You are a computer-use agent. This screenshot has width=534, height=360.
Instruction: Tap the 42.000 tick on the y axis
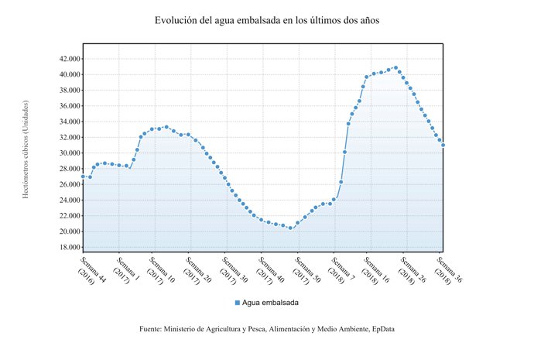[66, 59]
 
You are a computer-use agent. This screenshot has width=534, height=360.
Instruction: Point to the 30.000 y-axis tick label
[66, 153]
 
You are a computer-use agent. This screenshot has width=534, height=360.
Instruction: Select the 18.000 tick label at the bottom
[66, 248]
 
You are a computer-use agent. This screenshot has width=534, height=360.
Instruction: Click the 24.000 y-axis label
[66, 201]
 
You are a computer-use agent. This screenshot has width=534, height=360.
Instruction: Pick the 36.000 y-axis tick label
[66, 106]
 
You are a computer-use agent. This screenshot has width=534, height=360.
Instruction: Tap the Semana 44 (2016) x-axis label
[91, 267]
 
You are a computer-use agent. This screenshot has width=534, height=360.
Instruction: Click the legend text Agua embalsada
[271, 302]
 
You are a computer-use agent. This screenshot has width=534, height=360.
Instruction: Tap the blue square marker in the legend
[238, 302]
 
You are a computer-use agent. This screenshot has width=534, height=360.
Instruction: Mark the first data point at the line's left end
[83, 177]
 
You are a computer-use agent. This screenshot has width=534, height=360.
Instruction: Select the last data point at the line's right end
[443, 145]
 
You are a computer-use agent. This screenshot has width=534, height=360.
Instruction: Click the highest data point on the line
[396, 67]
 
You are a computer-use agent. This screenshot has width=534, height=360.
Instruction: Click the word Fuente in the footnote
[151, 329]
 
